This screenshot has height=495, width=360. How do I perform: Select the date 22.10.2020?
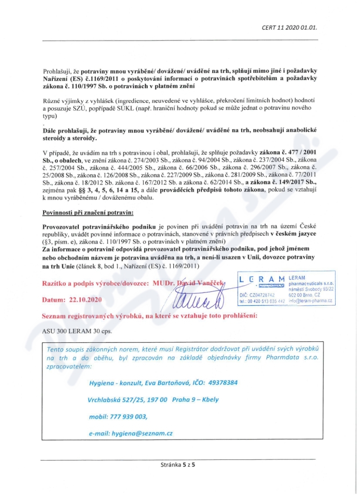[86, 299]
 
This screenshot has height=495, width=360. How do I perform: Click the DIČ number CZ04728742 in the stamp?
[265, 294]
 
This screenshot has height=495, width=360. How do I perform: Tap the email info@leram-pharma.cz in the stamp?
[310, 300]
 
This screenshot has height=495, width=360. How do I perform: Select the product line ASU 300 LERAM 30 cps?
[77, 331]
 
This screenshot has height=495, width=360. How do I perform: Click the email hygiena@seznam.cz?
[131, 433]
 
